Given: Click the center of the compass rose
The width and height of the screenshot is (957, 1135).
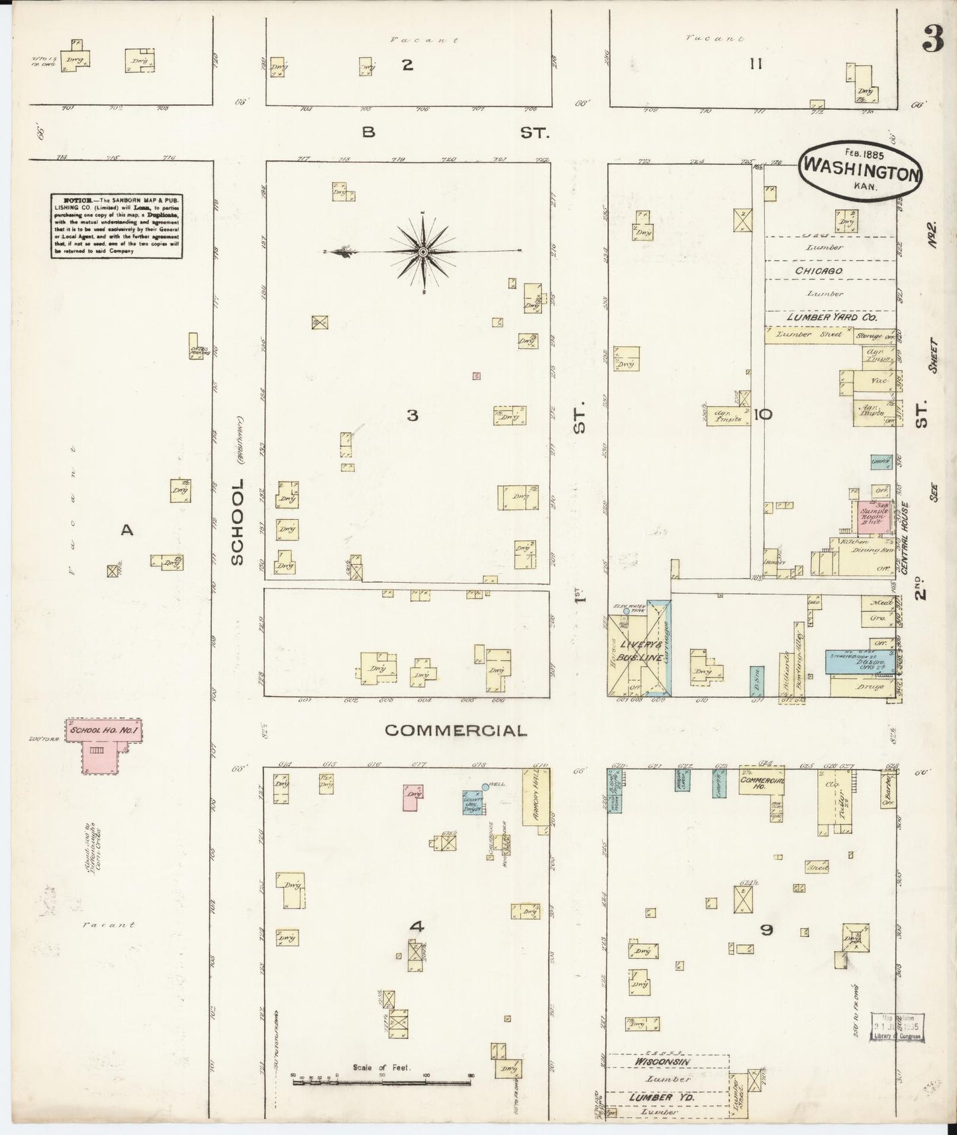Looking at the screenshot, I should point(423,252).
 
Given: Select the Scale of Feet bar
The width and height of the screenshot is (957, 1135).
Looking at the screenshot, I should point(383,1083).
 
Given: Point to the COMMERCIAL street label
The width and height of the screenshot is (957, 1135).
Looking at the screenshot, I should point(456,730).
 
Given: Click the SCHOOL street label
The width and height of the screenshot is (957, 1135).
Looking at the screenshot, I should point(237,523).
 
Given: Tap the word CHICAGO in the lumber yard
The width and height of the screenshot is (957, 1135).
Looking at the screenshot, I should point(819,271).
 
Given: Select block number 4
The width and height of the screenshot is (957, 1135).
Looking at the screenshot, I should point(416,927).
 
